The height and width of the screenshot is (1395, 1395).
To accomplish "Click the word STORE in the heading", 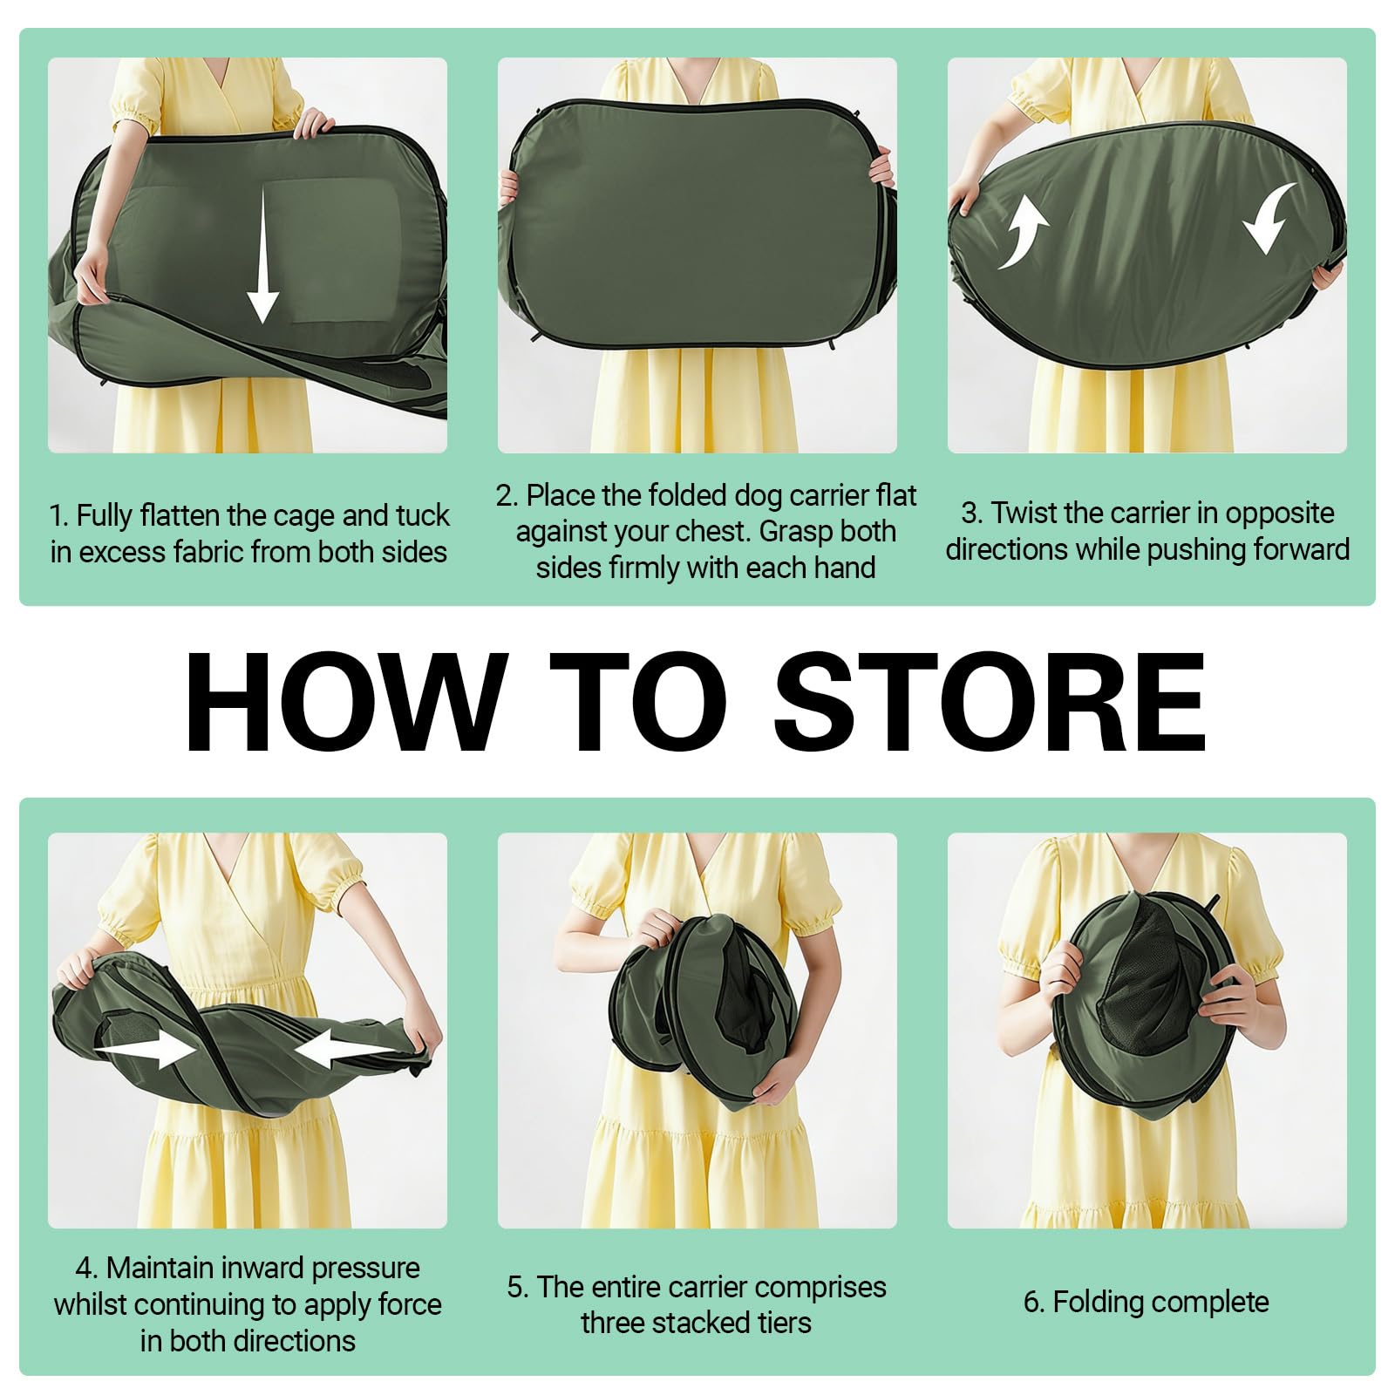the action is (x=990, y=702).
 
